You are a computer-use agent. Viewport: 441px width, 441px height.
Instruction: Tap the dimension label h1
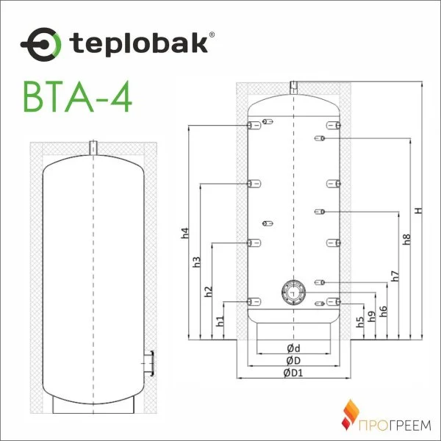[x=220, y=320]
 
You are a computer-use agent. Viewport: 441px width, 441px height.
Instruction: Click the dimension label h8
[x=406, y=239]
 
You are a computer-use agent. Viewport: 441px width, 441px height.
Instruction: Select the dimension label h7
[x=395, y=277]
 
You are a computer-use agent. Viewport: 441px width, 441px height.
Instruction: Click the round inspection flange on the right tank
[x=293, y=292]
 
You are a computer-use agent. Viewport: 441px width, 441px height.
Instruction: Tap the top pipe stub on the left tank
[x=93, y=147]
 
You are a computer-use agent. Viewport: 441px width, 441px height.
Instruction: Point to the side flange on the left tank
[x=149, y=362]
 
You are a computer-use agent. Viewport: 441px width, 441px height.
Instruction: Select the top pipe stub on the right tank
[x=293, y=87]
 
